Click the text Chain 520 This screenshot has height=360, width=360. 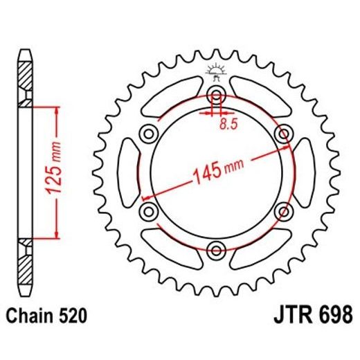click(47, 316)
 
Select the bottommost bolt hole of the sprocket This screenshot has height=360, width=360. click(215, 249)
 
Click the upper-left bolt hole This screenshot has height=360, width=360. click(148, 133)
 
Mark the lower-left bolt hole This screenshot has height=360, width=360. click(148, 210)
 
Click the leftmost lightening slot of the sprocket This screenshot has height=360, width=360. click(129, 172)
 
